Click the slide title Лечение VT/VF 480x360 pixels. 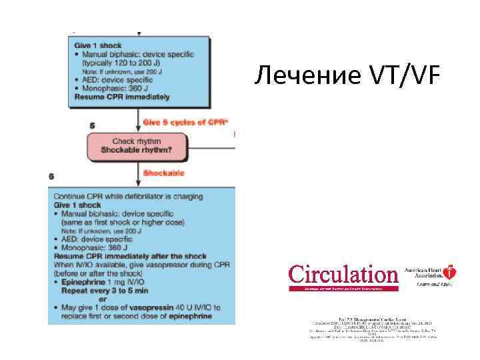pyautogui.click(x=347, y=77)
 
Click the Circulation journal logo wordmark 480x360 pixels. pyautogui.click(x=343, y=275)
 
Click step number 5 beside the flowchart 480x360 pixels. pyautogui.click(x=91, y=125)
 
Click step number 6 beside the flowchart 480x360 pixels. pyautogui.click(x=52, y=176)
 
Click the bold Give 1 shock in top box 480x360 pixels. pyautogui.click(x=98, y=45)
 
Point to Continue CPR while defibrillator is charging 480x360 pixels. pyautogui.click(x=129, y=197)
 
